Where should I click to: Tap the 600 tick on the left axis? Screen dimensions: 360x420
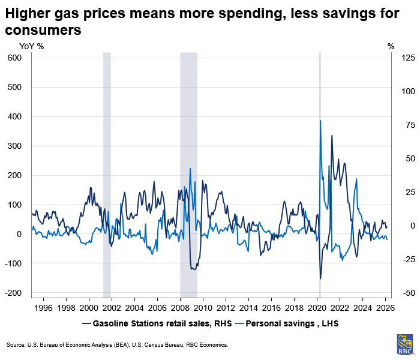(x=14, y=58)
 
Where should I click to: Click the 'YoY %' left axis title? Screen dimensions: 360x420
(x=32, y=46)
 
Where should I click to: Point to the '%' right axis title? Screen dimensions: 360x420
(x=391, y=46)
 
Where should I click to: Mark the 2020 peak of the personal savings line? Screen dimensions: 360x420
(x=320, y=121)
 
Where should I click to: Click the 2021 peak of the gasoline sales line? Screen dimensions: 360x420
(x=332, y=136)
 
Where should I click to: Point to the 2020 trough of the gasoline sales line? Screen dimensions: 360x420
(x=320, y=278)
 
